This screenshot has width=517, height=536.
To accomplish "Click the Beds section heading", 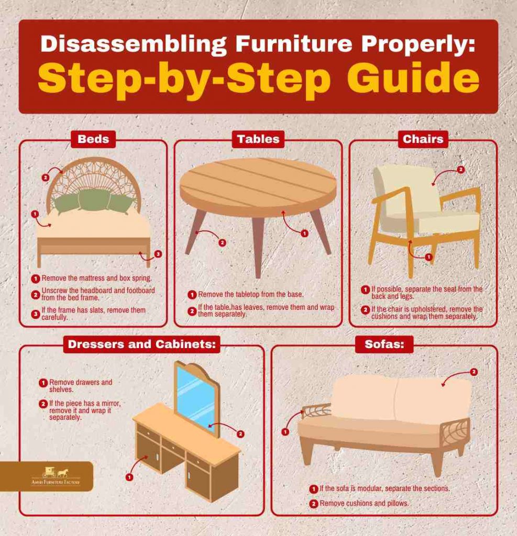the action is click(x=93, y=139).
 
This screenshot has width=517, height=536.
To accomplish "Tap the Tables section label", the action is click(x=258, y=139).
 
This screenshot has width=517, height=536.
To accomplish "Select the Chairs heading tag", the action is click(x=423, y=139).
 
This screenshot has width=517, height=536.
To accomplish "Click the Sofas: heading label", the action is click(x=384, y=344).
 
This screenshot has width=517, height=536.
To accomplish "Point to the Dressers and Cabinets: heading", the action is click(x=141, y=344).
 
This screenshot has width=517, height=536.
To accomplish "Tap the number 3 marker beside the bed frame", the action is click(x=158, y=254).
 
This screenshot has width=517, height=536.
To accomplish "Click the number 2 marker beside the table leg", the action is click(x=222, y=243).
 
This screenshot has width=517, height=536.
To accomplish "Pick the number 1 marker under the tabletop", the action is click(x=304, y=233).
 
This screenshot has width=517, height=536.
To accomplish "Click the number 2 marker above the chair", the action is click(x=461, y=170).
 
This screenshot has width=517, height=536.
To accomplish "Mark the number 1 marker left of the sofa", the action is click(x=285, y=432).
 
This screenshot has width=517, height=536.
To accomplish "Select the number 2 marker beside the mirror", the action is click(x=240, y=434).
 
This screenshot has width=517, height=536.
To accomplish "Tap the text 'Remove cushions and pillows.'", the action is click(x=364, y=504).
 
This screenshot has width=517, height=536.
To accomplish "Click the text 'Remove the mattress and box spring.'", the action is click(x=96, y=278).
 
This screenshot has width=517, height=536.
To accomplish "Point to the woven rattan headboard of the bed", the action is click(x=94, y=178).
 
